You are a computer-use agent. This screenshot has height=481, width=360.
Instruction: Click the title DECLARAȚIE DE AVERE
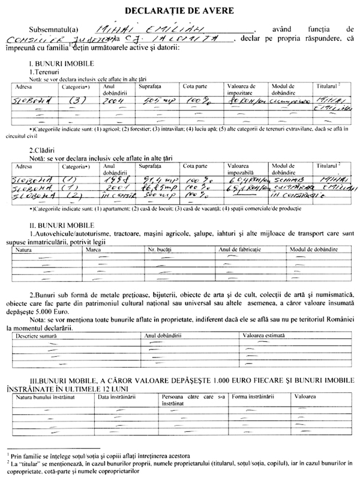(x=180, y=11)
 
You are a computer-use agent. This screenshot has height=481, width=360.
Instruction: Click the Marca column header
(x=94, y=248)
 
